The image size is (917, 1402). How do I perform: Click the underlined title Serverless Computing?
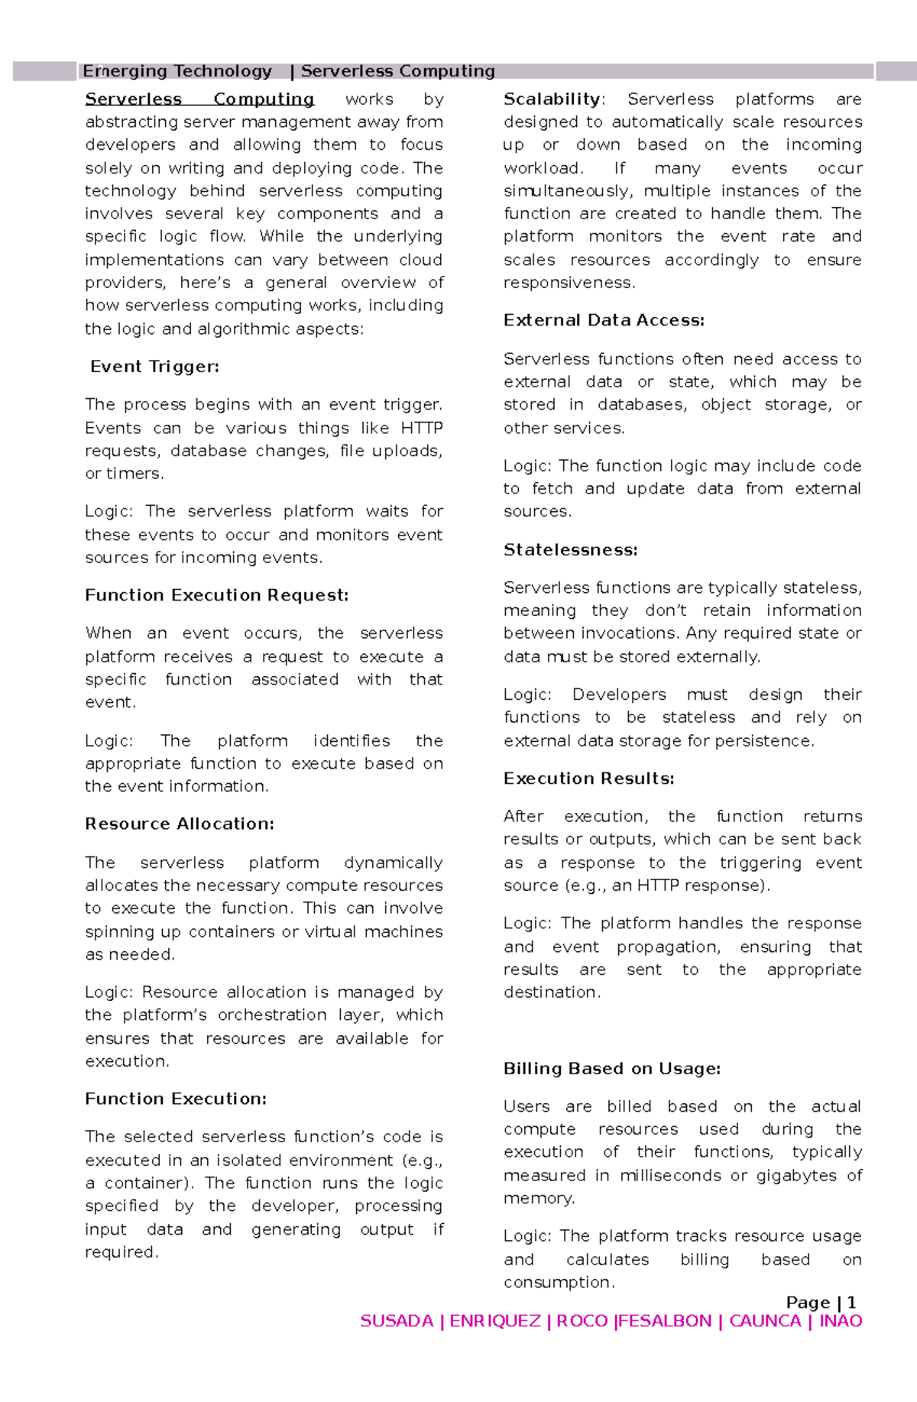199,99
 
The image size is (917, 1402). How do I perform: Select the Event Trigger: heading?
154,367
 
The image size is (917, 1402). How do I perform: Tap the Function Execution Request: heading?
216,595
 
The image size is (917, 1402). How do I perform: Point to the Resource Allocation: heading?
179,824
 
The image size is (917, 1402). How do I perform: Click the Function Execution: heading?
176,1099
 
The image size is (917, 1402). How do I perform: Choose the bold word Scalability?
552,99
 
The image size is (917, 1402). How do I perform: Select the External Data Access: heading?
604,320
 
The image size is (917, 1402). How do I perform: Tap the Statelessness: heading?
570,549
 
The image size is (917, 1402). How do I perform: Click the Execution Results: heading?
588,779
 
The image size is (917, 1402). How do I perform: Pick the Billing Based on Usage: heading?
611,1068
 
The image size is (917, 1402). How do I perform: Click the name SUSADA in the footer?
397,1321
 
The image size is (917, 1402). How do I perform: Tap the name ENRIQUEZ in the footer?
495,1321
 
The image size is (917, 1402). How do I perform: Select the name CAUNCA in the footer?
765,1321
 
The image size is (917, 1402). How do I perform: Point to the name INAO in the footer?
841,1321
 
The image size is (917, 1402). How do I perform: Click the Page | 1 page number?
821,1303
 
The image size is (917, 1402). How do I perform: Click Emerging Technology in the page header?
177,71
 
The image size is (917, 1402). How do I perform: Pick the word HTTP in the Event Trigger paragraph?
421,428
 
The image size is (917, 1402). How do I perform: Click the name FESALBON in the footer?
665,1321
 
